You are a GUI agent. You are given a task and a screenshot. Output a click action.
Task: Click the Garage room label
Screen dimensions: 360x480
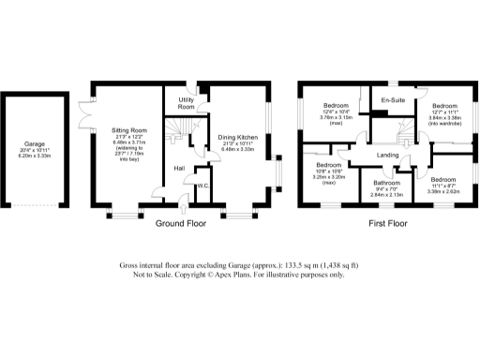[35, 143]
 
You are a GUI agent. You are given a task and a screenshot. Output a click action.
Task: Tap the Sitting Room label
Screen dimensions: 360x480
[125, 129]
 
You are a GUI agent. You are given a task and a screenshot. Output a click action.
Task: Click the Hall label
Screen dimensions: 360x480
[177, 168]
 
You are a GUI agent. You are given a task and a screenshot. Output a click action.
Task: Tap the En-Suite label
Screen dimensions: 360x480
[393, 99]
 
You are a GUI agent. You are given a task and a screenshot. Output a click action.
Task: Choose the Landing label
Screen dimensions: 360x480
[388, 155]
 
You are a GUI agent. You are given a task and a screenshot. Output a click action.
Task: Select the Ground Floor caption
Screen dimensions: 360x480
[180, 224]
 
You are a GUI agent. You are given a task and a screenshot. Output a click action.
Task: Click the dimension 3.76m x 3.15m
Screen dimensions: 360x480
[337, 118]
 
